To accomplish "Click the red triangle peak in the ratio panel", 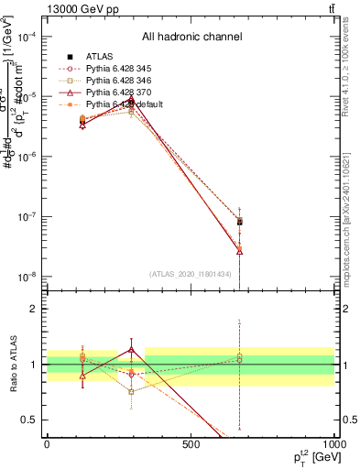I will [132, 349].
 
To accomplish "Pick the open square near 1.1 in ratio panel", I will [239, 358].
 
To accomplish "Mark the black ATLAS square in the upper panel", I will [239, 222].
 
